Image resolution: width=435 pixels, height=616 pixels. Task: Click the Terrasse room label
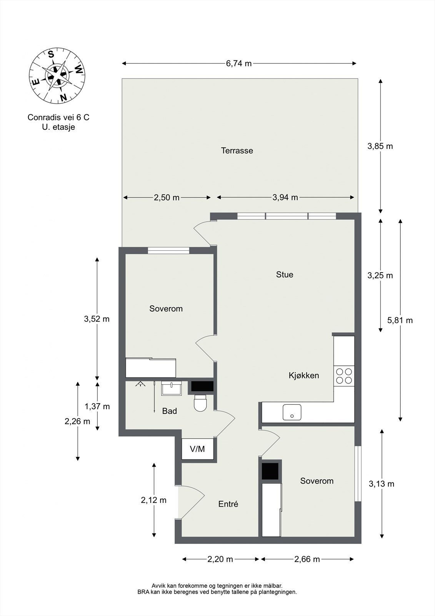(x=237, y=151)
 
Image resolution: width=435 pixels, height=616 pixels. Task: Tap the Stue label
(x=284, y=275)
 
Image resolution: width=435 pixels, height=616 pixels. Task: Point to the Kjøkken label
(x=303, y=375)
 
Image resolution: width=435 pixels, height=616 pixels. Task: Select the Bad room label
(x=169, y=411)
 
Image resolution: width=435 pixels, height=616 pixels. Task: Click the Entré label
(x=228, y=504)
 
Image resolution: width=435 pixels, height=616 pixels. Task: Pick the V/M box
(x=198, y=449)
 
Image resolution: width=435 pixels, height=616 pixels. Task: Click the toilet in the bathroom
(x=200, y=403)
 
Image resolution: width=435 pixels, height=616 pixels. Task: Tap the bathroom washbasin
(x=172, y=388)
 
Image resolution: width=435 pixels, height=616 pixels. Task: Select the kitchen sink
(x=292, y=412)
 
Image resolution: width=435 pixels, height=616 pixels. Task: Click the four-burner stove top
(x=344, y=376)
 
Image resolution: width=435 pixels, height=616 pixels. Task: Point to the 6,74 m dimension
(x=239, y=64)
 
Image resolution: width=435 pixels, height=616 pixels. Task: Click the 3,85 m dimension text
(x=380, y=146)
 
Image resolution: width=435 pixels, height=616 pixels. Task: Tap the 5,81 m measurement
(x=400, y=320)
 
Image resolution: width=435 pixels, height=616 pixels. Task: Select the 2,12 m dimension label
(x=153, y=500)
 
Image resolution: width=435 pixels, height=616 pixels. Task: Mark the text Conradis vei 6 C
(x=58, y=117)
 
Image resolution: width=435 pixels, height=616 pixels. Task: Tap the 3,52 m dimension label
(x=97, y=319)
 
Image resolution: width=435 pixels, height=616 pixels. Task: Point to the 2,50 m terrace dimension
(x=167, y=198)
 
